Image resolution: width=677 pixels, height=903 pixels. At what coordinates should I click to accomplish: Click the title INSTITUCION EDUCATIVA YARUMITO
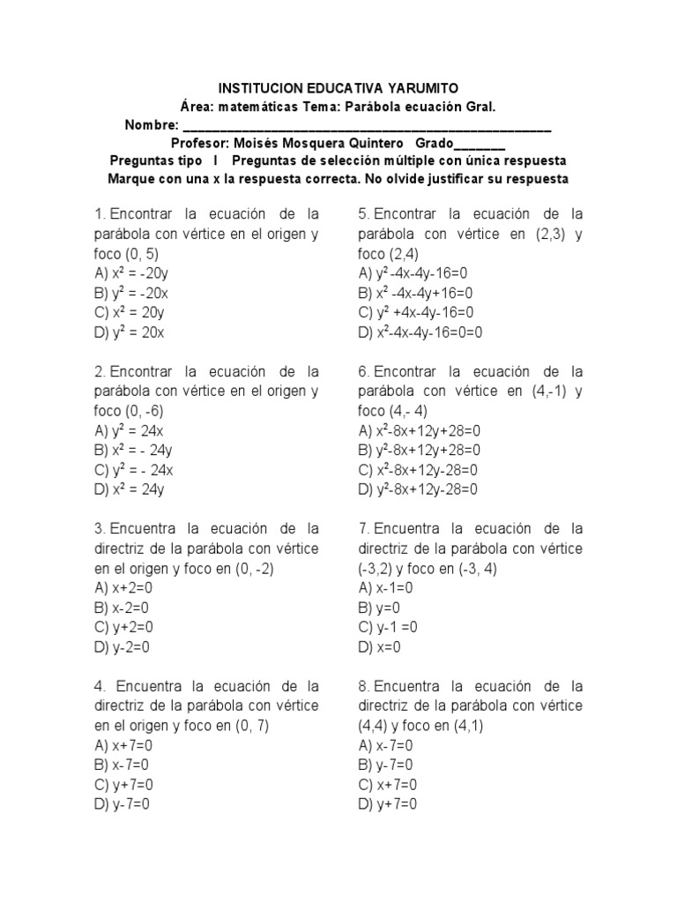point(338,88)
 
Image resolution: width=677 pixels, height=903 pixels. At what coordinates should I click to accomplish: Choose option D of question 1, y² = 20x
point(130,332)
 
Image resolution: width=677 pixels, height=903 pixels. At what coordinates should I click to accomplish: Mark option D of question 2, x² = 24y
point(130,489)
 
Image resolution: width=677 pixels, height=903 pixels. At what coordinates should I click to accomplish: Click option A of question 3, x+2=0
point(123,587)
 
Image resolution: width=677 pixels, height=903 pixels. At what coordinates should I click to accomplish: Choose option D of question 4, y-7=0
point(122,804)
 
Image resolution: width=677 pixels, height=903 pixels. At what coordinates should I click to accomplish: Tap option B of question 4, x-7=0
point(122,765)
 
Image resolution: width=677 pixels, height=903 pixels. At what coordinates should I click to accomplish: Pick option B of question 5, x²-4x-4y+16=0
point(415,293)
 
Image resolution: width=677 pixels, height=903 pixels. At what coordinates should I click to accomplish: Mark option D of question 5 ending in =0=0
point(420,332)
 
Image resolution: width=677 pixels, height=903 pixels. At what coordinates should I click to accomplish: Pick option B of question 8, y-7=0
point(386,765)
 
